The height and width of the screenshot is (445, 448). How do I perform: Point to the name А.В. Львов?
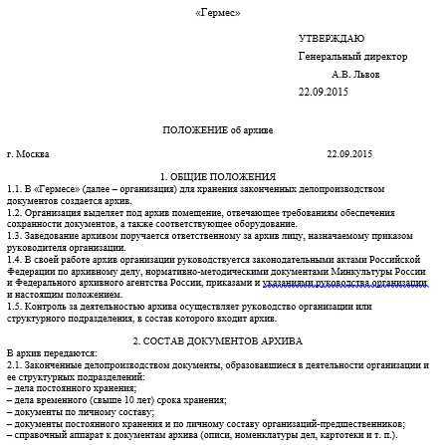tap(355, 74)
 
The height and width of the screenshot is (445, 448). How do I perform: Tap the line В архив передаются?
tap(52, 353)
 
